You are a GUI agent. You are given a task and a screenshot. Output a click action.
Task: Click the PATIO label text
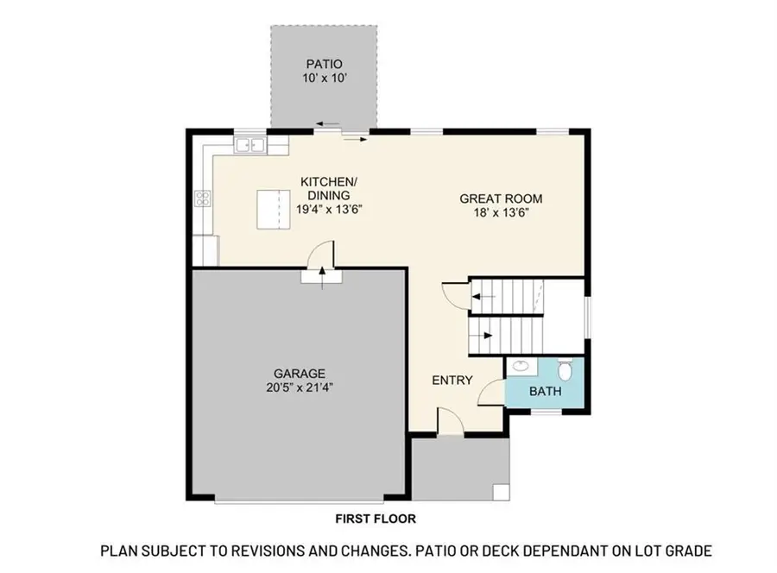pos(324,64)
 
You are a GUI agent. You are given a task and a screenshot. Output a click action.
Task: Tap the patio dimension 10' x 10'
pos(324,78)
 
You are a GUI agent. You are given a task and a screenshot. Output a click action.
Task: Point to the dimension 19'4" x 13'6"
pos(328,208)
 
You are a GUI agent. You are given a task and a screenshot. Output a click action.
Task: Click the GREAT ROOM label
pos(501,198)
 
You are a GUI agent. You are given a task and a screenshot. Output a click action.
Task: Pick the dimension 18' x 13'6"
pos(501,213)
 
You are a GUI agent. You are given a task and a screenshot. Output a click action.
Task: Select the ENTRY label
pos(452,380)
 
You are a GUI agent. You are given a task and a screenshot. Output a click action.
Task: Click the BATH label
pos(545,391)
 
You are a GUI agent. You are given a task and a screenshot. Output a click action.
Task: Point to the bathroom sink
pos(521,366)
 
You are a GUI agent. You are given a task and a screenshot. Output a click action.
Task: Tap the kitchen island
pos(274,210)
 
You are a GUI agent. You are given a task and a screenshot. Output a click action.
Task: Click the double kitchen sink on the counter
pos(251,145)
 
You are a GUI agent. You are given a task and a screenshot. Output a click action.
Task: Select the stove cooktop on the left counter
pos(203,199)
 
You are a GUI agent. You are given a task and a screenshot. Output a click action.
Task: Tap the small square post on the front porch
pos(501,491)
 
